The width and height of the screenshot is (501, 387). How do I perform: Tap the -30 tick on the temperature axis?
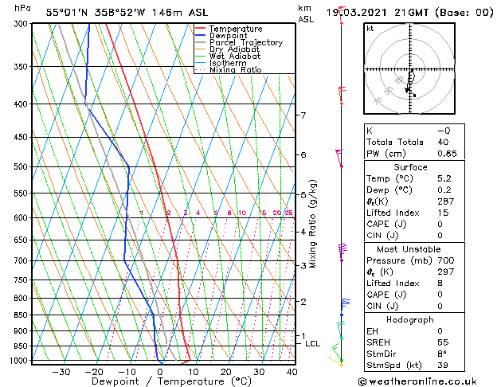pos(61,371)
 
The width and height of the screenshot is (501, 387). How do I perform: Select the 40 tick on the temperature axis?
pos(292,371)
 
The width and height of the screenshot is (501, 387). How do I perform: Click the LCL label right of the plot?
pos(312,344)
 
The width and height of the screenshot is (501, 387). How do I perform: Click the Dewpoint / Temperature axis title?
pos(161,381)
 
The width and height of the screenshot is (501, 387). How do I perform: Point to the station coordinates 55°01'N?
pos(69,12)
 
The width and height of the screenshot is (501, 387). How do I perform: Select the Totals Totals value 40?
pos(444,142)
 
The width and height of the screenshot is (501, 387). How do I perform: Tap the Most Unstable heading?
pos(409,249)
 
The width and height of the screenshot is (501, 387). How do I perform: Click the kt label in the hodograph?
pos(370,29)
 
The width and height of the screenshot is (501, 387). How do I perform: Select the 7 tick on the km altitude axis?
pos(303,115)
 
